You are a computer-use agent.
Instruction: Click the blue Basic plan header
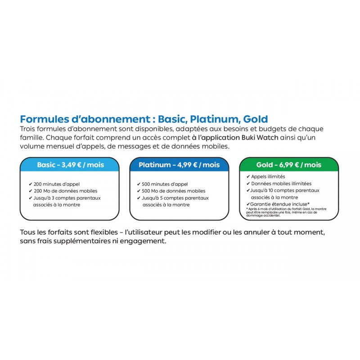click(x=70, y=165)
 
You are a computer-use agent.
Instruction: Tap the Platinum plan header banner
click(x=179, y=165)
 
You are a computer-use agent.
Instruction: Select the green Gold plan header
click(x=289, y=165)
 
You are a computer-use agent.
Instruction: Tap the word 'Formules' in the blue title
click(x=41, y=119)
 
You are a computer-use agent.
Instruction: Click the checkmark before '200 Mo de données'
click(x=30, y=191)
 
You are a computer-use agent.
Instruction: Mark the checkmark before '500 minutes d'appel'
click(x=139, y=184)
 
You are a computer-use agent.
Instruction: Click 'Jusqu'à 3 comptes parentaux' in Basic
click(x=67, y=198)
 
